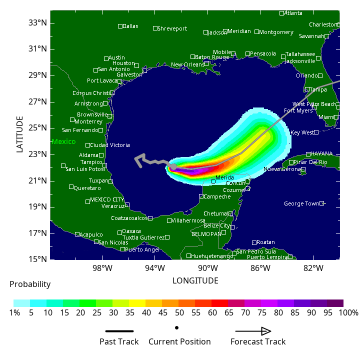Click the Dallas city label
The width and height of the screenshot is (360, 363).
tap(130, 26)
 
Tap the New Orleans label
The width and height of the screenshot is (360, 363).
tap(187, 64)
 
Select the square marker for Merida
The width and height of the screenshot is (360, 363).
tap(213, 181)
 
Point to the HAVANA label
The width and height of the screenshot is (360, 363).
tap(321, 153)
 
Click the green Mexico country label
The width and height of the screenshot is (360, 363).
tap(63, 141)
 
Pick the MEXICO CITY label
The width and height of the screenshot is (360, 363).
tap(107, 199)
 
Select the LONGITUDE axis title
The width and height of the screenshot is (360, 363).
tap(195, 281)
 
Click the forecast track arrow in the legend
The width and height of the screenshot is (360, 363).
tap(253, 331)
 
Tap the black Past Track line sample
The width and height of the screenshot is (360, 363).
tap(119, 331)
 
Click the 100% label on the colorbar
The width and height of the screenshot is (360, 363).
tap(348, 313)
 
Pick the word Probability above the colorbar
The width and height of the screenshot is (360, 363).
tap(30, 284)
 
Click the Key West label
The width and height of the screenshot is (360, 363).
tap(302, 132)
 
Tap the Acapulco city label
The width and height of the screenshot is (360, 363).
tap(91, 234)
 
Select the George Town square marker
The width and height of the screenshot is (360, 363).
tap(322, 203)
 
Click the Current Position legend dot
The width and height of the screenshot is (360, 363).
tap(177, 328)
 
